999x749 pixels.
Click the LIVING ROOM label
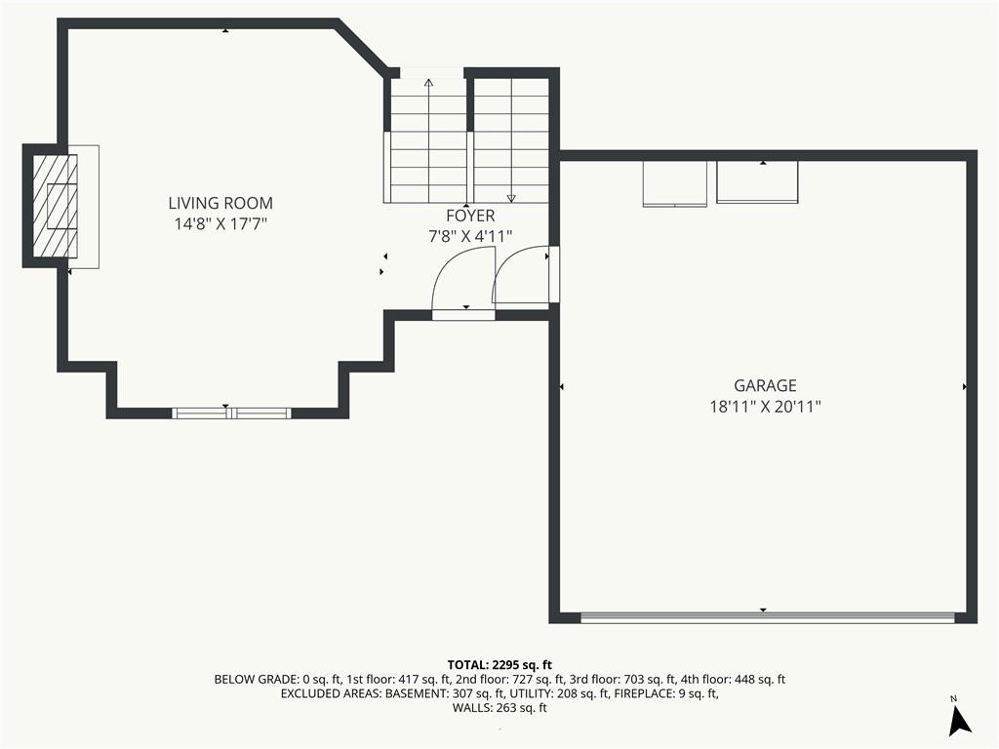click(220, 203)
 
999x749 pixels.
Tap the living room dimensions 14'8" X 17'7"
click(220, 224)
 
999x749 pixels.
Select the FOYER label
click(470, 216)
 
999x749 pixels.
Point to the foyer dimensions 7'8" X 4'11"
click(470, 237)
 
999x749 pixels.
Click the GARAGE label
click(765, 385)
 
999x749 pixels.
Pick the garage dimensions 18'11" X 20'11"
click(765, 407)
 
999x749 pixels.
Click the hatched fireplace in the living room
click(56, 206)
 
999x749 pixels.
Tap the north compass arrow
click(960, 720)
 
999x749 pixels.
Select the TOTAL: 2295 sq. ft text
click(499, 665)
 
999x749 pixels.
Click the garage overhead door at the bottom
click(768, 617)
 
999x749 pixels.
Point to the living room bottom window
click(232, 414)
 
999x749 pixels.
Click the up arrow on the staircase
click(429, 140)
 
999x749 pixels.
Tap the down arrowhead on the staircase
click(511, 198)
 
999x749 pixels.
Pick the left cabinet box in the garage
click(675, 183)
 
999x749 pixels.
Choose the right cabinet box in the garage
click(757, 182)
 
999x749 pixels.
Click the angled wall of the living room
click(361, 47)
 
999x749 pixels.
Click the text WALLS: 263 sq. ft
click(499, 708)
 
